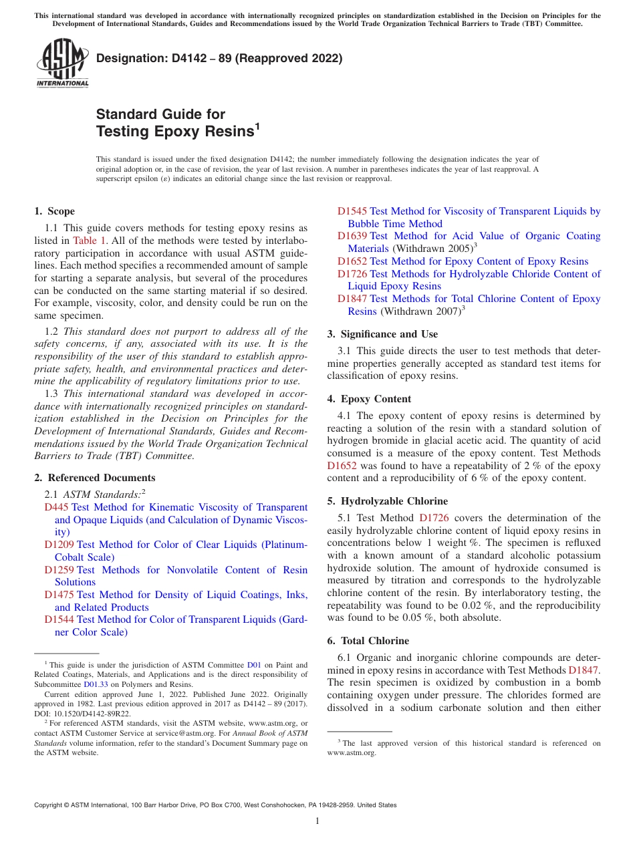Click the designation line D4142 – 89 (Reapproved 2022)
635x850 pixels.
tap(219, 58)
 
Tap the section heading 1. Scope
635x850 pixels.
tap(54, 211)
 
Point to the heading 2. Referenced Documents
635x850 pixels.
tap(94, 478)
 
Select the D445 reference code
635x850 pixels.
tap(56, 508)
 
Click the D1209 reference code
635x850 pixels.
tap(59, 545)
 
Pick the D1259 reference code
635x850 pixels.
tap(59, 570)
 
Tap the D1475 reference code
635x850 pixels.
tap(59, 595)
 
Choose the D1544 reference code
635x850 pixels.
tap(59, 619)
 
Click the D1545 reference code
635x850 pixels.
tap(352, 211)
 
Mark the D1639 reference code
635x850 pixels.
tap(352, 236)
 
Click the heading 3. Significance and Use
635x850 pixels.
tap(382, 334)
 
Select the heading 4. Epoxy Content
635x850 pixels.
tap(369, 399)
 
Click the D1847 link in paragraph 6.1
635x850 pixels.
tap(584, 670)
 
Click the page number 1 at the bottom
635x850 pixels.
tap(317, 821)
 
